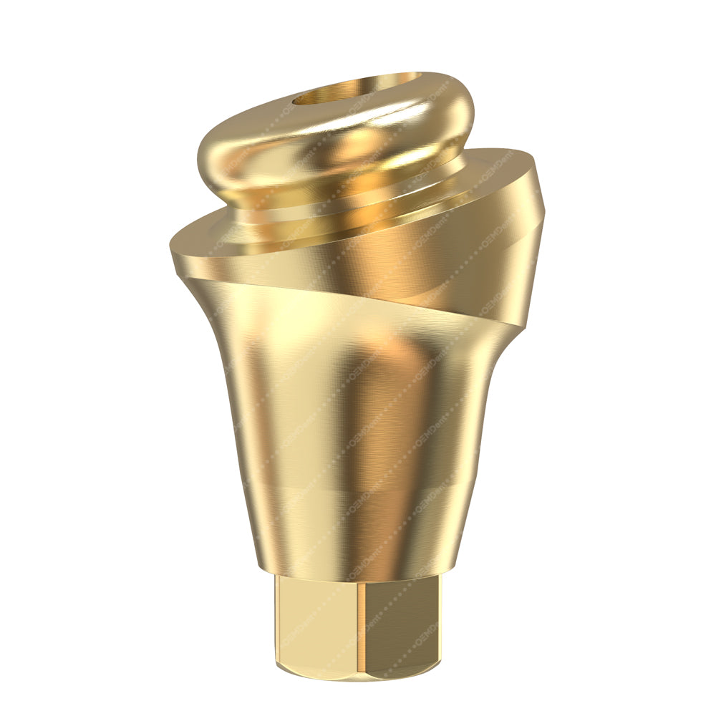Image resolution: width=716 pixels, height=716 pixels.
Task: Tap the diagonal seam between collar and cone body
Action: [401, 315]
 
